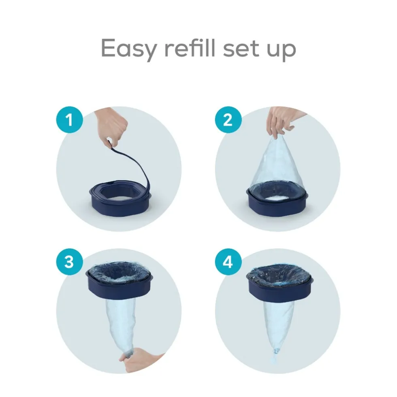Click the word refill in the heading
click(190, 47)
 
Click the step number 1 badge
click(70, 120)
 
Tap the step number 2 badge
click(228, 120)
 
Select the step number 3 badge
click(70, 262)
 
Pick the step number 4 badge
click(228, 262)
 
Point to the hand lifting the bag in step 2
click(282, 122)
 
